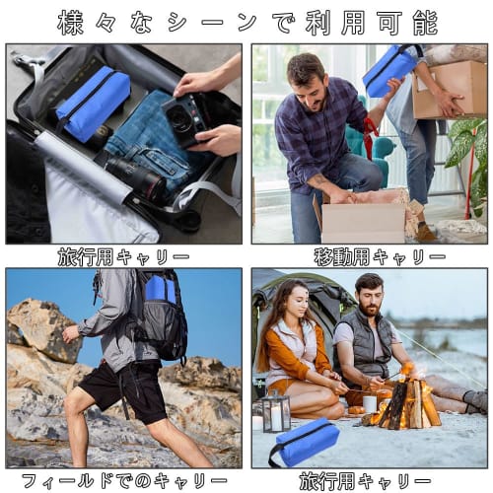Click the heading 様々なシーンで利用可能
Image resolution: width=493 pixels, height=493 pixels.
(246, 21)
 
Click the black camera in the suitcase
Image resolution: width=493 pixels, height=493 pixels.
(183, 116)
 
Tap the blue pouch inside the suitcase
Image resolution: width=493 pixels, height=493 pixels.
(94, 101)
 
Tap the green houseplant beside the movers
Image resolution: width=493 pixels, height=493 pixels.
(466, 148)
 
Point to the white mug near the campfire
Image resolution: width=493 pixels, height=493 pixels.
(370, 403)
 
